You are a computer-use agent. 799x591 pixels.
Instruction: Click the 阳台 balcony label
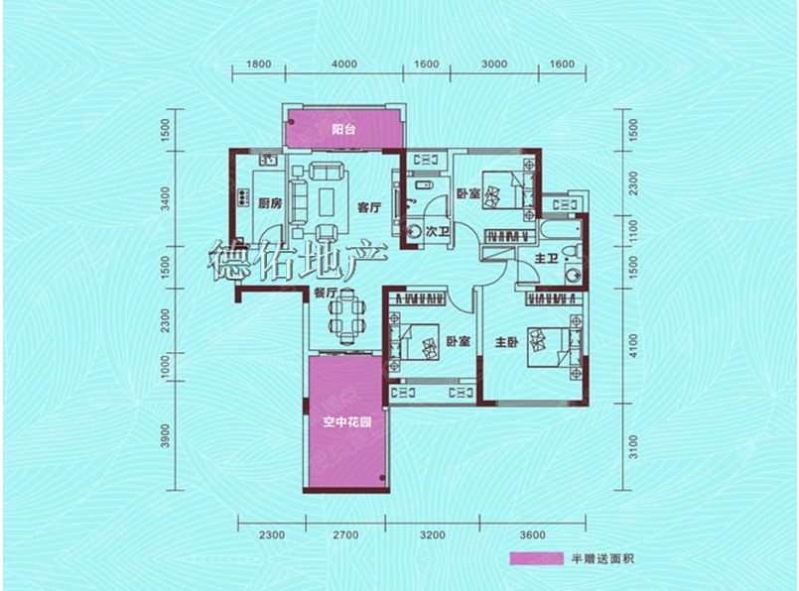tap(343, 129)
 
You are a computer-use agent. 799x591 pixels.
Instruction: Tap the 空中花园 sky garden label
tap(347, 421)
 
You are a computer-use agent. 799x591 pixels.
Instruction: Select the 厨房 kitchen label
tap(270, 203)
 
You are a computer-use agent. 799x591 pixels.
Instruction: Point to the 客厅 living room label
tap(369, 207)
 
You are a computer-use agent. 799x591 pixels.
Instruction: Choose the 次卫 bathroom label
tap(437, 232)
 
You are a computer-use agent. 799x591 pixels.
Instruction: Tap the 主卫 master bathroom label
tap(546, 259)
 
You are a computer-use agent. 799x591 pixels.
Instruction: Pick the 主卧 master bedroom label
tap(507, 342)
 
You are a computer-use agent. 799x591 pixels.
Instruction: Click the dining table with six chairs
tap(347, 316)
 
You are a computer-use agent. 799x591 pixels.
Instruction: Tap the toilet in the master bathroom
tap(574, 252)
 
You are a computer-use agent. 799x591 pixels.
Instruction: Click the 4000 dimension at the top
tap(344, 64)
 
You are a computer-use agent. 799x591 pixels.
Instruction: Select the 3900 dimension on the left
tap(164, 436)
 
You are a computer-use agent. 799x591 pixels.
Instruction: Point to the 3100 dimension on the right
tap(633, 447)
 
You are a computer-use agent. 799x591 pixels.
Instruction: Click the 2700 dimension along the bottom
tap(345, 535)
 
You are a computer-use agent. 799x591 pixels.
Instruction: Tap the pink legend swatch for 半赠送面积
tap(537, 558)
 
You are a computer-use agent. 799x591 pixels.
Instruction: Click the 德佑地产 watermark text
tap(298, 260)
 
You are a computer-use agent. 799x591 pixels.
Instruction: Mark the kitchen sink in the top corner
tap(268, 160)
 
